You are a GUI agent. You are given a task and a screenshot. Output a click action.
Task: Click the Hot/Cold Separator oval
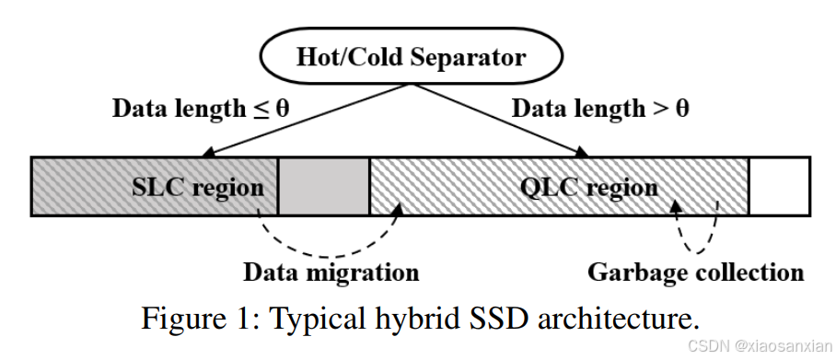[x=411, y=57]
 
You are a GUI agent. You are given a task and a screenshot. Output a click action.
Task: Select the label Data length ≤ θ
[x=201, y=109]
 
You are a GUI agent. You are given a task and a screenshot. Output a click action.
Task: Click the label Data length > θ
[x=600, y=109]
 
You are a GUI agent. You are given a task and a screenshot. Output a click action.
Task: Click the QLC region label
[x=588, y=187]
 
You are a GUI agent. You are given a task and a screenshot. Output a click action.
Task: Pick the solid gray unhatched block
[x=322, y=187]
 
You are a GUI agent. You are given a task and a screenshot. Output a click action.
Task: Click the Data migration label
[x=331, y=273]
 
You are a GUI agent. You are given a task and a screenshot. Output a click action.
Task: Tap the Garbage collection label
[x=695, y=273]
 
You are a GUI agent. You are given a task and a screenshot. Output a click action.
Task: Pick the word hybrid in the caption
[x=414, y=319]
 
